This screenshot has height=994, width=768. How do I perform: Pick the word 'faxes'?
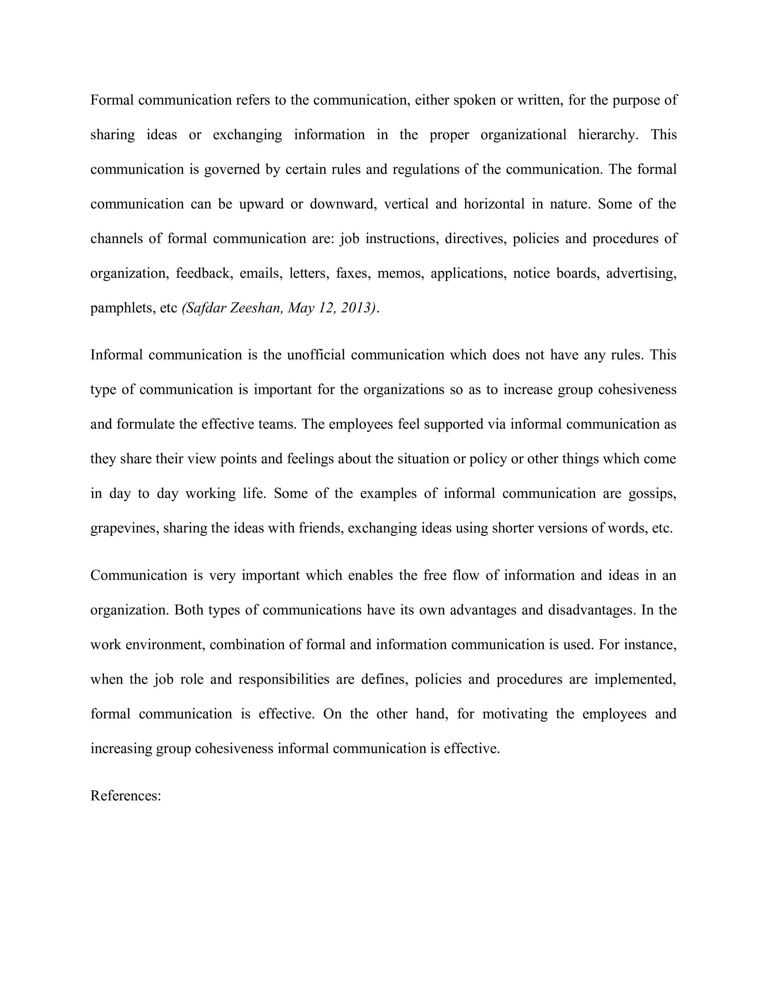(352, 273)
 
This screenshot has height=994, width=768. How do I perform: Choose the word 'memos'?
(400, 273)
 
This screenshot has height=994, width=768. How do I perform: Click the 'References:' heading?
(126, 796)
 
